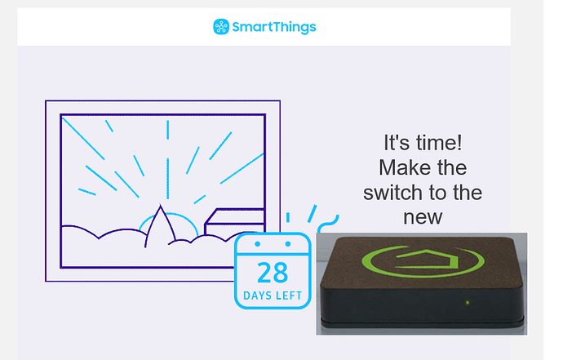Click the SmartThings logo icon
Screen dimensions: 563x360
[x=221, y=27]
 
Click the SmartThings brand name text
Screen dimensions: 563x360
[x=274, y=27]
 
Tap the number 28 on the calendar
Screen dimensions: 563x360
[x=273, y=273]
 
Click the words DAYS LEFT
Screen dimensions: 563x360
[x=273, y=296]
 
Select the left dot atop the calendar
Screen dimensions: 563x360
[x=258, y=244]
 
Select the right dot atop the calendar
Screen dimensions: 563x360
[x=287, y=244]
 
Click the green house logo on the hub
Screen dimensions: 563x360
[x=423, y=261]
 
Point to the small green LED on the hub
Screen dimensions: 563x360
[x=468, y=303]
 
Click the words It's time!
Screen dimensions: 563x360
[x=423, y=143]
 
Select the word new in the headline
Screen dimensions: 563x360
[x=423, y=217]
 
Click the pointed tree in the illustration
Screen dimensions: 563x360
[x=160, y=226]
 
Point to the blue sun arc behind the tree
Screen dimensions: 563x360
[x=169, y=214]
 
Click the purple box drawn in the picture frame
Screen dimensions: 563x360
[x=234, y=221]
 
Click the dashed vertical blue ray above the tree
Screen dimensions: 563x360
[x=168, y=160]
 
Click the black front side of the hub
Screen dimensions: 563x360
[x=422, y=305]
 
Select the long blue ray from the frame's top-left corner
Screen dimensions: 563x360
[x=83, y=139]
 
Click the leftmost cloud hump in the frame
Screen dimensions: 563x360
[x=80, y=229]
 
